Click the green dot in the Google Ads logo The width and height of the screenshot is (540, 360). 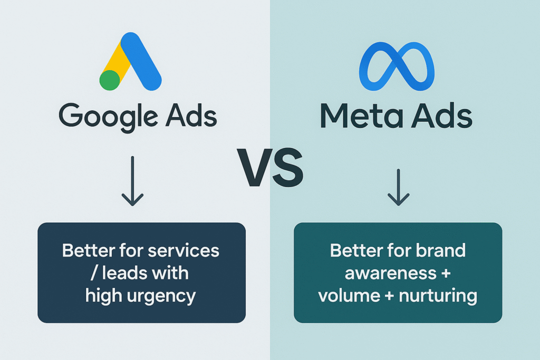coord(110,80)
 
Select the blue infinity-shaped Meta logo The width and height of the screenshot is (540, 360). coord(397,66)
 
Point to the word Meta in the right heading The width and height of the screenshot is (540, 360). coord(362,115)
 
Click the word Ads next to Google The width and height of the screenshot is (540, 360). coord(191,115)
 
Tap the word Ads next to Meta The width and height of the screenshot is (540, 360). coord(442,115)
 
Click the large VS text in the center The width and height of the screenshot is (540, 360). coord(271,168)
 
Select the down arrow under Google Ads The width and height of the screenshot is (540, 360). coord(132,181)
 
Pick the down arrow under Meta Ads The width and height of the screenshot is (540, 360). coord(399,187)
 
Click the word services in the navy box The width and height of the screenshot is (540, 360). coord(184,250)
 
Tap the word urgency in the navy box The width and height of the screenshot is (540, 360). coord(161,297)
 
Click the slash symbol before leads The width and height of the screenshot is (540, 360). coord(94,273)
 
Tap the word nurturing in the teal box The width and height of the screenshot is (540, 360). coord(438,296)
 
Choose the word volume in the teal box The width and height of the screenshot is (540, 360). coord(349,296)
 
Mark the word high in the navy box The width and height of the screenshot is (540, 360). coord(104,296)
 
